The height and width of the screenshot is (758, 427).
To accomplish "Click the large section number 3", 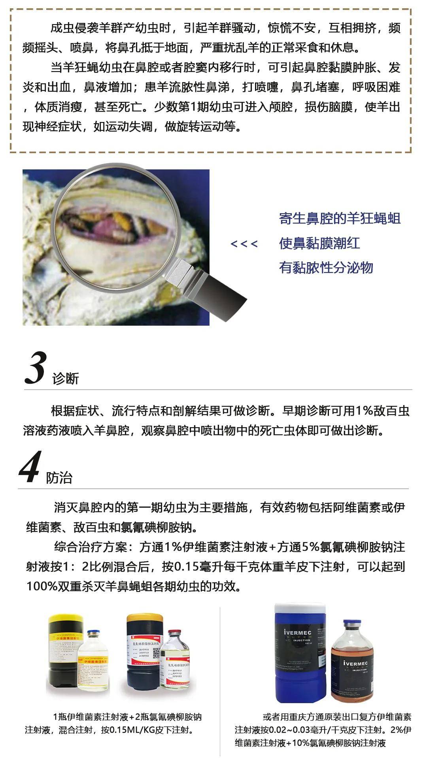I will pyautogui.click(x=36, y=368).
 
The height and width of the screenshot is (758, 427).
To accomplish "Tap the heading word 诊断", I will pyautogui.click(x=66, y=379).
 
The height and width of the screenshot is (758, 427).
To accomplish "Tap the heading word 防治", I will pyautogui.click(x=59, y=478).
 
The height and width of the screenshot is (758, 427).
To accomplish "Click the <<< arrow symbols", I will pyautogui.click(x=244, y=244).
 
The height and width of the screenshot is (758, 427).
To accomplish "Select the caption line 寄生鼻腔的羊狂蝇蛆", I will pyautogui.click(x=340, y=218).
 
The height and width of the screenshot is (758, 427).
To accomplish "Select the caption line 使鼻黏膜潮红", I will pyautogui.click(x=319, y=243).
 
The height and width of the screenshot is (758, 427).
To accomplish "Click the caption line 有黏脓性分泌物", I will pyautogui.click(x=326, y=268).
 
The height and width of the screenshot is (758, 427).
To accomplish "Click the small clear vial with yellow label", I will pyautogui.click(x=93, y=667).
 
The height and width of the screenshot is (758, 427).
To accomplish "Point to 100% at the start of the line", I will pyautogui.click(x=42, y=586).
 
